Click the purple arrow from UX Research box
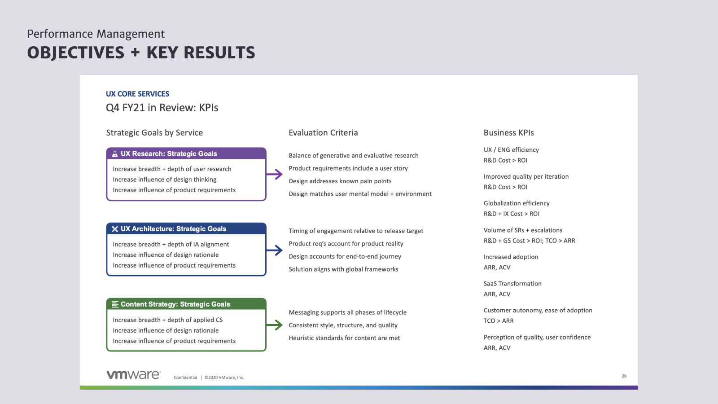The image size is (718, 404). coord(274,175)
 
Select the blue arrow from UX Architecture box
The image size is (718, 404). coord(274,250)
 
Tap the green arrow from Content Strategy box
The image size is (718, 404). coord(274,325)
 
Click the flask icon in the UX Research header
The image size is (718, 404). coord(115,154)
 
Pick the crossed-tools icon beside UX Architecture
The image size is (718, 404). coord(115,229)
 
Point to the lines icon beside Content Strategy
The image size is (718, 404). coord(115,304)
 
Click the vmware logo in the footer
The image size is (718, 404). coord(134,375)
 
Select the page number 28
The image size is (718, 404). coord(624,376)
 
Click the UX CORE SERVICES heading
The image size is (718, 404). coord(137,94)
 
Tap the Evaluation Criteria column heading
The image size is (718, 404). coord(323,133)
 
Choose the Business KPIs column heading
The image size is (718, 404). coord(509,133)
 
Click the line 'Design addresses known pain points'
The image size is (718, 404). coord(340,181)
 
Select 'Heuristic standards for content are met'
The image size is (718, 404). coord(344,338)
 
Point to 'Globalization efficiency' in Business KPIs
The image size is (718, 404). coord(517,203)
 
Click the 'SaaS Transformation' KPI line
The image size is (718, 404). coord(512,284)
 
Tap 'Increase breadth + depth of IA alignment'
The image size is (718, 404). coord(171,244)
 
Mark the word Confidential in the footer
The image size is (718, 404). coord(185,378)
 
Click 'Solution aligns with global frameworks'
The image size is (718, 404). coord(343,269)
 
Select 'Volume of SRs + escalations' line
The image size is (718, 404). coord(523,230)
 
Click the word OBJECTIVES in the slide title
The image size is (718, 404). coord(76,53)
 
